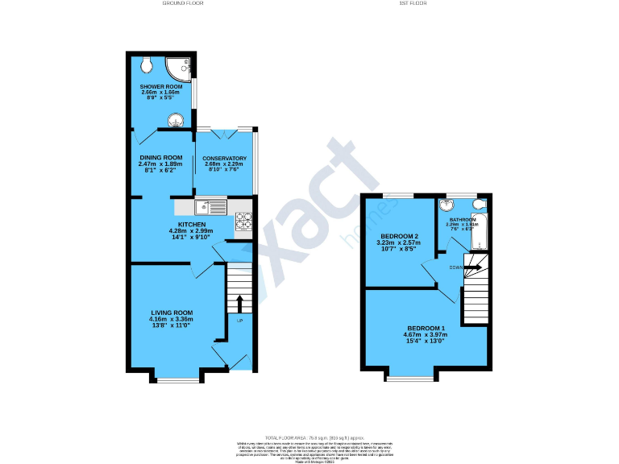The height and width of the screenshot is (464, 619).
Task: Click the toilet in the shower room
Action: (147, 64)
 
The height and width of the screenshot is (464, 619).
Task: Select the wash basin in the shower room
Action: (176, 121)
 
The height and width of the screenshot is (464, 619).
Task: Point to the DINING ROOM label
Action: (161, 158)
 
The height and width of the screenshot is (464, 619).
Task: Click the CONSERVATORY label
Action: (223, 158)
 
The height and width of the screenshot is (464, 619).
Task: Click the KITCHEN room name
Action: (192, 225)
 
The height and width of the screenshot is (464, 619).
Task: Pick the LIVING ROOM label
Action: (172, 313)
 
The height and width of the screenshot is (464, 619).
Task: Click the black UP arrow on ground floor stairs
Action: (239, 304)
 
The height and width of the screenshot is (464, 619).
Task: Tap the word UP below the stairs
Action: (239, 321)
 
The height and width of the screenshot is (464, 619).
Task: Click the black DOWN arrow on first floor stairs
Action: (473, 267)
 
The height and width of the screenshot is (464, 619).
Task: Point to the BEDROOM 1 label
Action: (426, 329)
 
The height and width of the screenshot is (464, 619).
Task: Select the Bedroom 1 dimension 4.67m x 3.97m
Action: (426, 335)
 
